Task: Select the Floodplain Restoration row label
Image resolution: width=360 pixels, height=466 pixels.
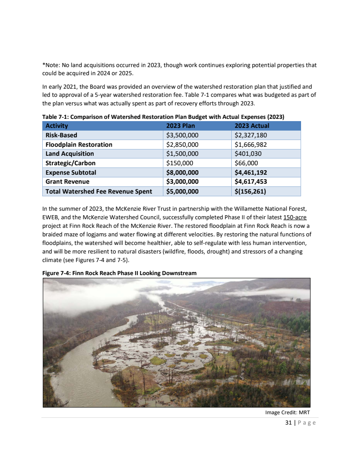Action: [79, 145]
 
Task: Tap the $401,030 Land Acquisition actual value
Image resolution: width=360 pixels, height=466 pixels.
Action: [248, 154]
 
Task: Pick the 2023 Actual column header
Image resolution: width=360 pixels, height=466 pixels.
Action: [252, 126]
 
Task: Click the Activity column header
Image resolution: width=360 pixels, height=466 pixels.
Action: [57, 126]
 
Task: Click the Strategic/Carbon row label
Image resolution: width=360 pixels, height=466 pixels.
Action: [71, 163]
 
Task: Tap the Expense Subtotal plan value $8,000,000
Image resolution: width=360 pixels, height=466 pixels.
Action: [182, 172]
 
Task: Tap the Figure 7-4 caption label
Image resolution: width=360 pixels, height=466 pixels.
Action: [58, 273]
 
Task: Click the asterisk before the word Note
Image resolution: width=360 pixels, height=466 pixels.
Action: [44, 64]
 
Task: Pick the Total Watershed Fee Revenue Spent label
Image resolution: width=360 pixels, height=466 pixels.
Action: [99, 191]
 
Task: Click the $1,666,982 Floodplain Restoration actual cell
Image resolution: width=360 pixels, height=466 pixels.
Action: [251, 145]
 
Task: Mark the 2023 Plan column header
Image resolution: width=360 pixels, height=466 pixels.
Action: [180, 126]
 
